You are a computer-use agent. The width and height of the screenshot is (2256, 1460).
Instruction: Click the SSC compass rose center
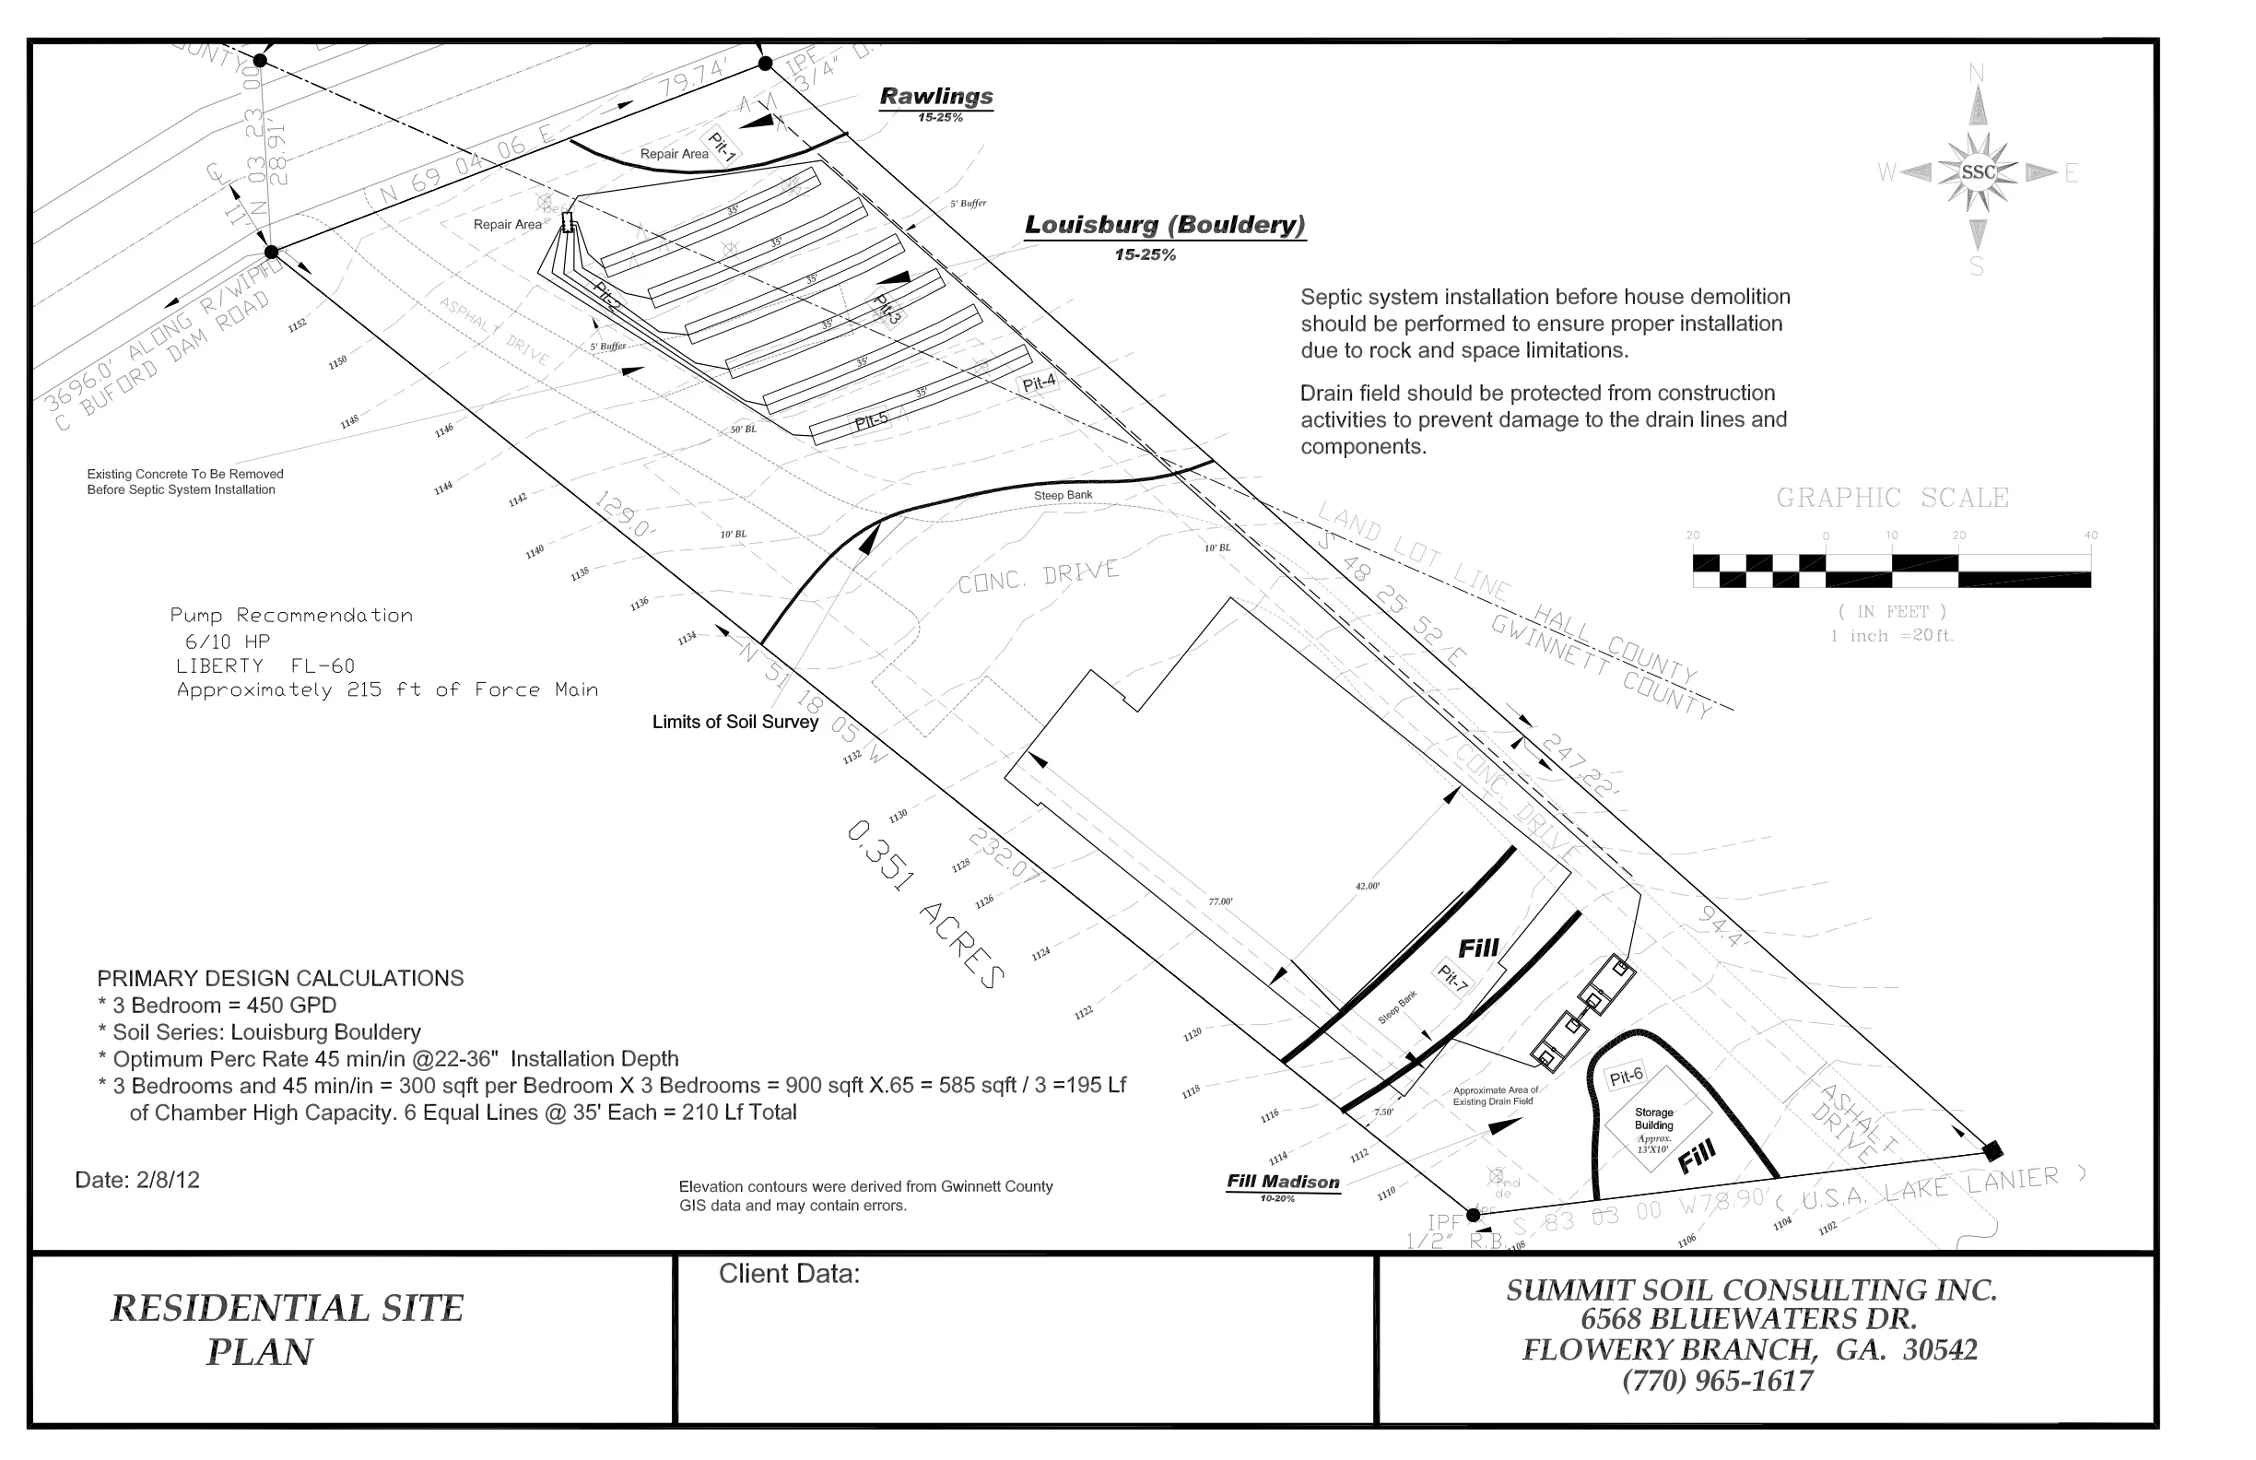(x=1978, y=172)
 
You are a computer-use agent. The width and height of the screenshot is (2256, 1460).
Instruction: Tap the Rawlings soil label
(x=935, y=97)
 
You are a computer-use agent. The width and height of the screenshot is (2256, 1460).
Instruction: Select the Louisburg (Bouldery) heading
(x=1164, y=226)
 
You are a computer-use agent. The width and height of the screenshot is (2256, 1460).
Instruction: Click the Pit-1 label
(x=723, y=146)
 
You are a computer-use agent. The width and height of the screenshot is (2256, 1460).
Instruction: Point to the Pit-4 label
(x=1038, y=383)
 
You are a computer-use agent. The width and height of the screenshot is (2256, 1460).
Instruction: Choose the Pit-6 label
(x=1626, y=1077)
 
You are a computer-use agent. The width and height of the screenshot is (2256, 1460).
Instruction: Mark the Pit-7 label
(x=1452, y=980)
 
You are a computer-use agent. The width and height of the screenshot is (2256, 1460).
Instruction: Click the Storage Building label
(x=1654, y=1124)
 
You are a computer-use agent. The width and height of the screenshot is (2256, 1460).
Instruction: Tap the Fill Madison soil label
(x=1283, y=1183)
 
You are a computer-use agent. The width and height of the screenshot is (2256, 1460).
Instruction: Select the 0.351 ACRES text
(x=923, y=905)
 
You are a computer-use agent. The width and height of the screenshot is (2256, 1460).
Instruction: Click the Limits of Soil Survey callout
(x=734, y=723)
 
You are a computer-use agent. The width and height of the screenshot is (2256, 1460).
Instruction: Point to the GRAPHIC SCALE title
(x=1892, y=499)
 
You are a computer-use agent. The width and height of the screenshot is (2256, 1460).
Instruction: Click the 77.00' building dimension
(x=1220, y=901)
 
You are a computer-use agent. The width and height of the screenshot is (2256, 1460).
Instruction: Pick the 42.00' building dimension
(x=1367, y=887)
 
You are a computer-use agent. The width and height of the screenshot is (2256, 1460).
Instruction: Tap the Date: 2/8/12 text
(x=137, y=1181)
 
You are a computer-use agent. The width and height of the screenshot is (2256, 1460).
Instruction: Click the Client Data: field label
(x=789, y=1274)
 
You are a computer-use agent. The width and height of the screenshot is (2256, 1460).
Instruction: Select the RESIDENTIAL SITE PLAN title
(x=287, y=1329)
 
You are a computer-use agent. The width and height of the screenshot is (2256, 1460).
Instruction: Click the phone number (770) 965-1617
(x=1718, y=1382)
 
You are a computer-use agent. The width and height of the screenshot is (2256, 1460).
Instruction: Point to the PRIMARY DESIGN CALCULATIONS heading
(x=280, y=978)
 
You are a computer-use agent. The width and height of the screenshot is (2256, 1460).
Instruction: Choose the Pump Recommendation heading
(x=291, y=616)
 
